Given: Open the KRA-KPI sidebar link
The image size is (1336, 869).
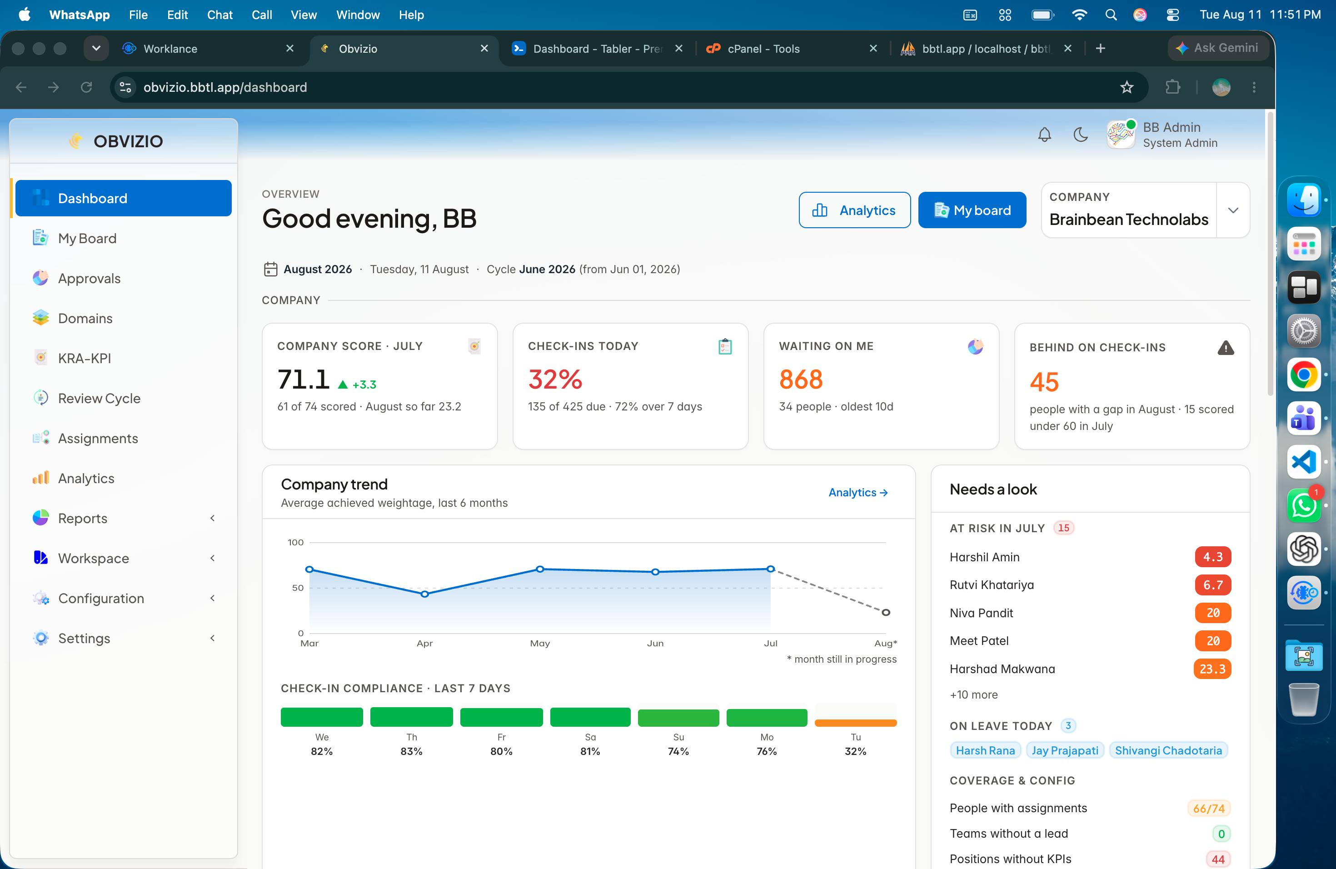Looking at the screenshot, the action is coord(84,358).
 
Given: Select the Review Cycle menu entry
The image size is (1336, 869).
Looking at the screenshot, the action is coord(99,398).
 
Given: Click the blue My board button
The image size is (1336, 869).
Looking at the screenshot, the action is coord(972,210).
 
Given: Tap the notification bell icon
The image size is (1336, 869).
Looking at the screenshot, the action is coord(1044,135).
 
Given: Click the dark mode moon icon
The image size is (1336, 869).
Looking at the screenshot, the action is coord(1080,135).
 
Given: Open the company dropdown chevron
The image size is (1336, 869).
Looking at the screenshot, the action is coord(1233,210).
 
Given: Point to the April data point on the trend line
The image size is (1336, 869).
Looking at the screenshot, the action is coord(424,594).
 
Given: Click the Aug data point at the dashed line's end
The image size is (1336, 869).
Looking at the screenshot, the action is coord(886,613).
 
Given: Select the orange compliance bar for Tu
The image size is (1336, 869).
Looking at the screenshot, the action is coord(856,723).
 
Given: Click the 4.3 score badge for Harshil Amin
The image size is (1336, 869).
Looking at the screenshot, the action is coord(1212,557).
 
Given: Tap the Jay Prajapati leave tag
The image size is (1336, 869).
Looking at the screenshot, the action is coord(1065,750).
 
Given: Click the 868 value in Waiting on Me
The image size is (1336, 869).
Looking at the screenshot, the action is coord(801,380).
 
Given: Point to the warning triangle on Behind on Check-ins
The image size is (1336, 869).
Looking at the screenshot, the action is coord(1226,348).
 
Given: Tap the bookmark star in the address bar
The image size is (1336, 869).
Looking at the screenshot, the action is coord(1127,87).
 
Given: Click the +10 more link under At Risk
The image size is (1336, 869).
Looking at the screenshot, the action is coord(973,694).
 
